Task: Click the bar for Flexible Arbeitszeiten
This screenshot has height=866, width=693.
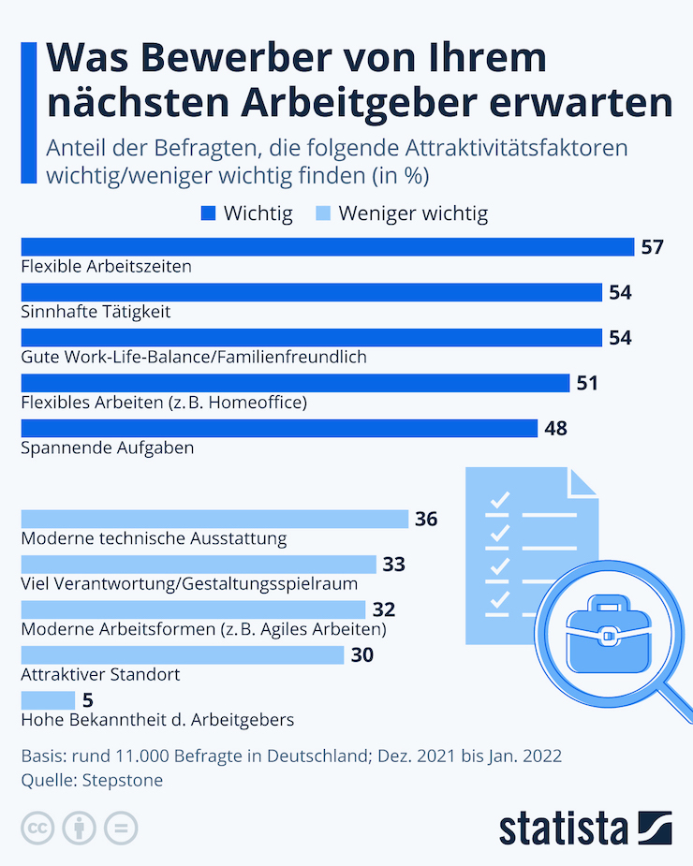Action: pyautogui.click(x=327, y=247)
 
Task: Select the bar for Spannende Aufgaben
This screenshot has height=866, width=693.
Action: pyautogui.click(x=278, y=428)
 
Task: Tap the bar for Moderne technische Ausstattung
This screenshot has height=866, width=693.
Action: pyautogui.click(x=214, y=519)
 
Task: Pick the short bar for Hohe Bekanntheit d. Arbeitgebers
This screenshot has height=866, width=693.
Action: pyautogui.click(x=48, y=700)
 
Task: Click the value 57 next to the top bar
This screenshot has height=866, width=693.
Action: pyautogui.click(x=652, y=247)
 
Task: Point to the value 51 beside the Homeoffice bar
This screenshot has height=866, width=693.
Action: pyautogui.click(x=586, y=383)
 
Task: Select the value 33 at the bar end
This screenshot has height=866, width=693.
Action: pyautogui.click(x=393, y=565)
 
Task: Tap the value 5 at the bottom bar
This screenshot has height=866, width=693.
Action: pyautogui.click(x=88, y=700)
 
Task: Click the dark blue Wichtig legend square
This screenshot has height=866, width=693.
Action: pyautogui.click(x=208, y=214)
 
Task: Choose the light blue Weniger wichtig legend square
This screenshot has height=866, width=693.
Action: pyautogui.click(x=322, y=214)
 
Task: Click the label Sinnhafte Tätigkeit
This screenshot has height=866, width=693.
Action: pyautogui.click(x=96, y=311)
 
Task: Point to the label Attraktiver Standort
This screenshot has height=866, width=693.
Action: pyautogui.click(x=99, y=674)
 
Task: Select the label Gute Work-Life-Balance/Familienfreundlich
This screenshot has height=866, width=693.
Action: pyautogui.click(x=193, y=357)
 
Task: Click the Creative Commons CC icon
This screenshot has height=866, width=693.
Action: pyautogui.click(x=38, y=829)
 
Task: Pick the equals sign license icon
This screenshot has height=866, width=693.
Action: pyautogui.click(x=121, y=829)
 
